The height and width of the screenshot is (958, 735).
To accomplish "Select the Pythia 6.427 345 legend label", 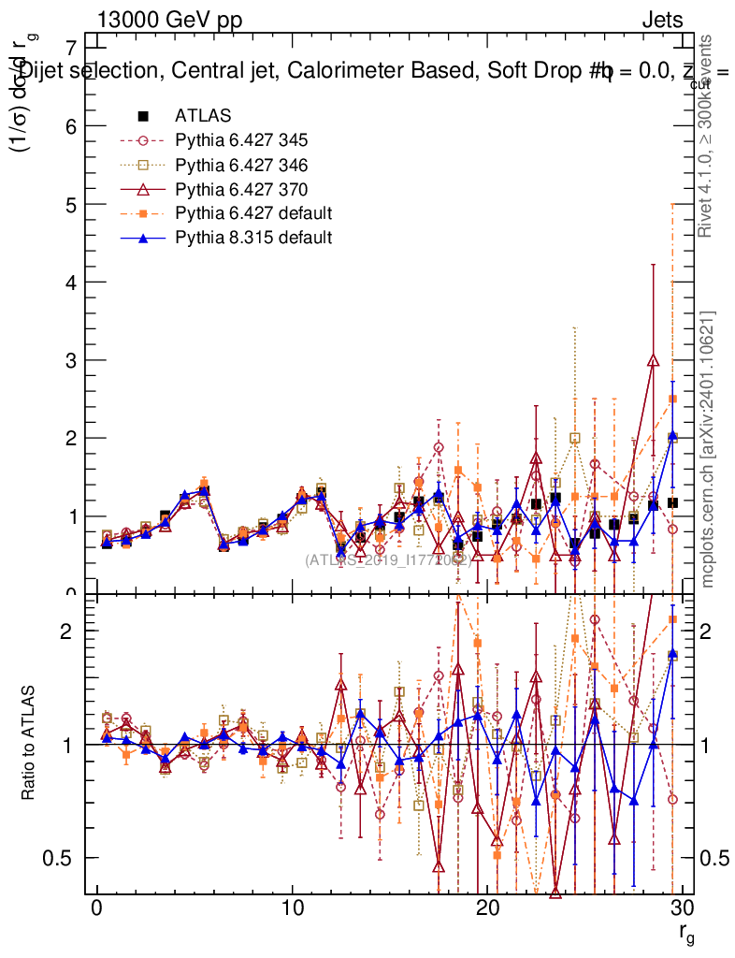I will [240, 140].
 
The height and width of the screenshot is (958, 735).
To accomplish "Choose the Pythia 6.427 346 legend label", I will [240, 165].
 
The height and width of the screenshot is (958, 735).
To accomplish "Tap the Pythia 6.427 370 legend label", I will [240, 189].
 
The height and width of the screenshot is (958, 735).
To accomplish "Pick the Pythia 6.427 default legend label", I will [253, 213].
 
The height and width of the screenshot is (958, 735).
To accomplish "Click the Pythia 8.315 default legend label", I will [253, 238].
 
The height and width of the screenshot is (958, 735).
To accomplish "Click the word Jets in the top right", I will [662, 21].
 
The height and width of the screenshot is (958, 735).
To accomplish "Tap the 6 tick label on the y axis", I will [70, 126].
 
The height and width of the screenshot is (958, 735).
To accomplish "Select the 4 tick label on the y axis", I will [70, 282].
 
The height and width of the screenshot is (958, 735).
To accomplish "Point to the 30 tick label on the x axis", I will [683, 910].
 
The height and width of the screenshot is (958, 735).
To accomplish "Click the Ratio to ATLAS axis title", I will [29, 744].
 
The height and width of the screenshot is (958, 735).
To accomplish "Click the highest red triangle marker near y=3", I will [653, 360].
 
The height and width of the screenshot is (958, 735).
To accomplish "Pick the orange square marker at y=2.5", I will [672, 399].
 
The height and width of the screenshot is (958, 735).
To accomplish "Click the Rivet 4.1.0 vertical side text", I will [708, 136].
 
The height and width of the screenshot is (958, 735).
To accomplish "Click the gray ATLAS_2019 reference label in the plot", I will [387, 559].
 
